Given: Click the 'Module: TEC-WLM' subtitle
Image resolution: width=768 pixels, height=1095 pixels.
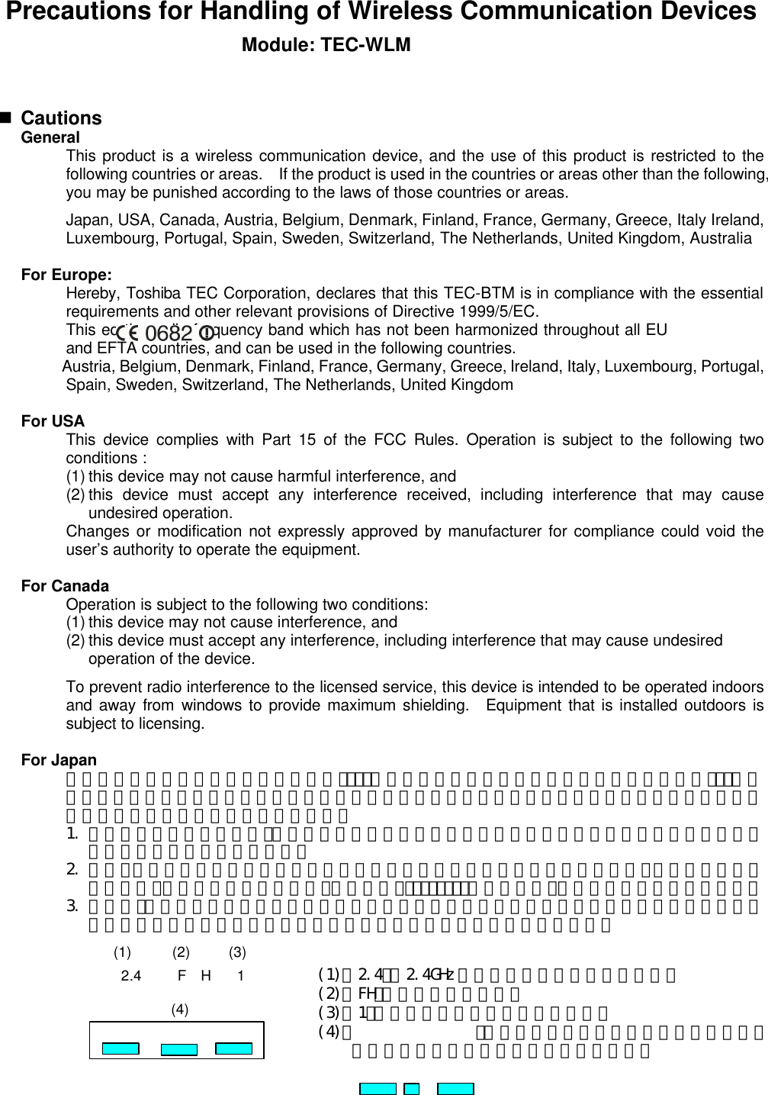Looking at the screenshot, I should (326, 45).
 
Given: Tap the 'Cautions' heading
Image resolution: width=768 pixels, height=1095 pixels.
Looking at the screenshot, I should (61, 118).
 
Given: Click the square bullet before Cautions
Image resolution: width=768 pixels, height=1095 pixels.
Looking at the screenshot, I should (7, 118).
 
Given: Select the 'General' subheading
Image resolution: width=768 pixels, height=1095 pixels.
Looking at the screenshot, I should (50, 138).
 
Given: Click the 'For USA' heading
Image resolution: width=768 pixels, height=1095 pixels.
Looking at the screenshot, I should (53, 421).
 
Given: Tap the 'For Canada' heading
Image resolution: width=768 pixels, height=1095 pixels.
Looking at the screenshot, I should (65, 586).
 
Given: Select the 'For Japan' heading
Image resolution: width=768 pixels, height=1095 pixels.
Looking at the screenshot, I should (59, 760).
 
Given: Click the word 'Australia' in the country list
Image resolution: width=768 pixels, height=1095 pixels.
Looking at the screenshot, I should (721, 238).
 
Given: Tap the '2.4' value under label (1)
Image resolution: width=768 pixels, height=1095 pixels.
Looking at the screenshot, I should (131, 976).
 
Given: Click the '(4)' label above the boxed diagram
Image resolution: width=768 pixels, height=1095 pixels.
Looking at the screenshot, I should (180, 1010).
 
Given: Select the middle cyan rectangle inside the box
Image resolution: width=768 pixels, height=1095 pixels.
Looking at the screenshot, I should (179, 1049).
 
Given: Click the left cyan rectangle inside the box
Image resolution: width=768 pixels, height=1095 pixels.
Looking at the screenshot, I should (121, 1048).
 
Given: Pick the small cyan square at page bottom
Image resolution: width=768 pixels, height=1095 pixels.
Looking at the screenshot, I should (412, 1089).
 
